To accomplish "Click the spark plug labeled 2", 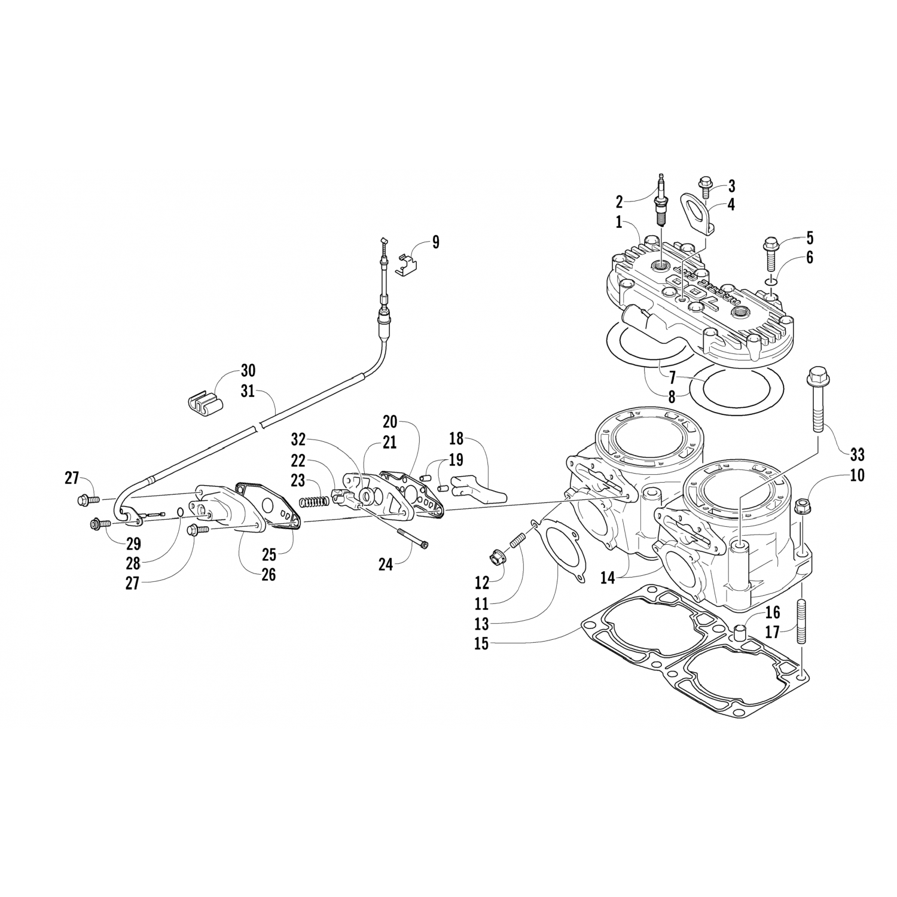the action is point(661,200).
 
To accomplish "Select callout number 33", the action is point(857,454).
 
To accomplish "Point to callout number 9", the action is point(435,242).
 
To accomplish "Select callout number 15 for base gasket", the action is point(481,643).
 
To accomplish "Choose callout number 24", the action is point(386,563).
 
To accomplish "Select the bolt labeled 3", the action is point(706,188).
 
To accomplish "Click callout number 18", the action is point(456,438).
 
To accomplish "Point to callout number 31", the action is point(248,392).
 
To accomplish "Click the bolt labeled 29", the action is point(100,524).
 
